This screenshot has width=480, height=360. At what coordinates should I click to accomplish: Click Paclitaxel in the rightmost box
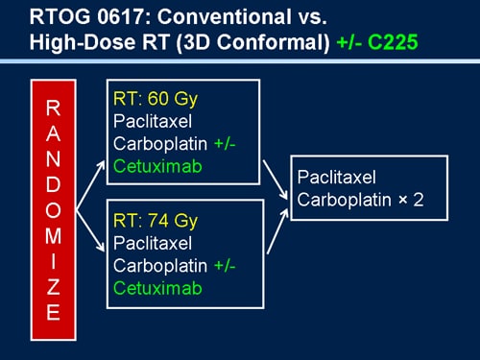pyautogui.click(x=337, y=179)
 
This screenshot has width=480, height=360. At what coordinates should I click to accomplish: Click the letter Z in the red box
pyautogui.click(x=54, y=290)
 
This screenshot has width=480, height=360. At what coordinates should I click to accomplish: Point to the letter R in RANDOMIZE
pyautogui.click(x=54, y=106)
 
